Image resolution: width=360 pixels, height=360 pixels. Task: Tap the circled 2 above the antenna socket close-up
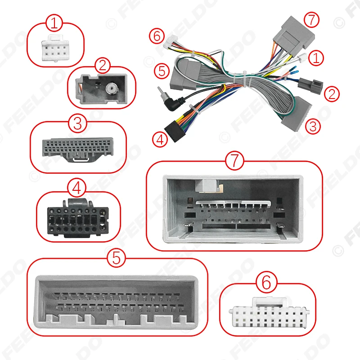(x=103, y=66)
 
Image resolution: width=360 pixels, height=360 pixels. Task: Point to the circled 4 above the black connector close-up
(x=77, y=188)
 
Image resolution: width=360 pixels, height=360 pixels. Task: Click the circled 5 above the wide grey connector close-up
(x=117, y=257)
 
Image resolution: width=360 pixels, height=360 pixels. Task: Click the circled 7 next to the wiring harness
(x=310, y=20)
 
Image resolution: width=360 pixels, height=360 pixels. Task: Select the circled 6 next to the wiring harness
(x=156, y=36)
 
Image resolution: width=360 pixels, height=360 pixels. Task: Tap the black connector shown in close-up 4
(x=77, y=219)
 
